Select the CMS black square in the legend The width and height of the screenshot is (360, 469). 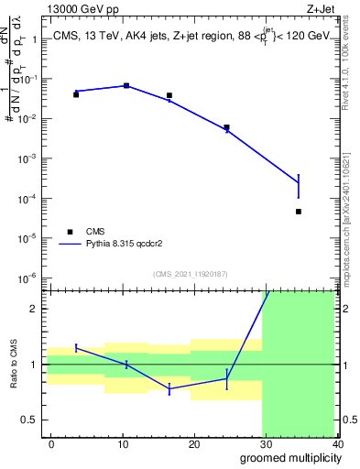pos(70,232)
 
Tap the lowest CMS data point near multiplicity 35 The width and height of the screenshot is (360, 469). pos(299,212)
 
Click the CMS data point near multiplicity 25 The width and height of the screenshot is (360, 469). pos(227,127)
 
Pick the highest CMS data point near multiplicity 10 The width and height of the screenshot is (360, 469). pos(126,85)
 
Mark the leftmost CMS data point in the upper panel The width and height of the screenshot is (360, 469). pos(76,94)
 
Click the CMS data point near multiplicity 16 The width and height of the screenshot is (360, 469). pos(169,95)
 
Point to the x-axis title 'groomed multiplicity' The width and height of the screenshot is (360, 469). pos(288,458)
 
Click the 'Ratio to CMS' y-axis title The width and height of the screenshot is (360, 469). pos(14,364)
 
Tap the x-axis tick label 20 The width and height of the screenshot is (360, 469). pos(194,444)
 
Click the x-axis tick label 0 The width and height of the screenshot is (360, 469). pos(51,444)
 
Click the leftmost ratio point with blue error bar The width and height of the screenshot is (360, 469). pos(76,347)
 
